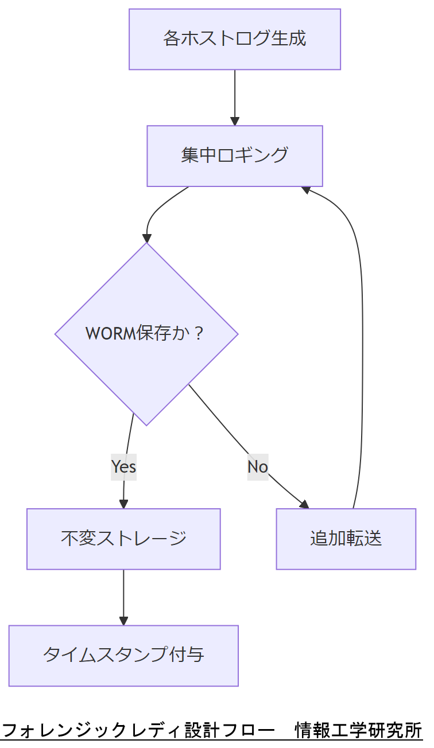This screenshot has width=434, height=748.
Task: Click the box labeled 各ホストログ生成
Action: pos(234,39)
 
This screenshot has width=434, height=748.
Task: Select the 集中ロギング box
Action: pos(234,156)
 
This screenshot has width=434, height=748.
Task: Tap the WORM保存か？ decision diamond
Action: pos(146,334)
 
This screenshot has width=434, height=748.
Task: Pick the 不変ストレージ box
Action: pos(123,539)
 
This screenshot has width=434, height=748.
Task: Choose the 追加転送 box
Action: pos(346,539)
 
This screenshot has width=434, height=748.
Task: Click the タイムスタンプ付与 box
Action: pos(123,655)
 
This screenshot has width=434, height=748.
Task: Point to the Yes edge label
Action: pos(123,466)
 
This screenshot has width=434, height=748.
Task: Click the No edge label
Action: pos(258,466)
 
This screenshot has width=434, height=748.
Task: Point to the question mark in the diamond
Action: pos(199,334)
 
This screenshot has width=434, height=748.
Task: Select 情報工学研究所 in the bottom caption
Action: pos(358,731)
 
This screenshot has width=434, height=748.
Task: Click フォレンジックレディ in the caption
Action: pos(92,731)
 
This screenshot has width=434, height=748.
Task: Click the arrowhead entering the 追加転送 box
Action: pos(304,504)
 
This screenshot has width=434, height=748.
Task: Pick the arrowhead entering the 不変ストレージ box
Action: pos(123,504)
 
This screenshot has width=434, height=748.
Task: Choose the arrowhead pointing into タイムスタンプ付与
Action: pos(123,621)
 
